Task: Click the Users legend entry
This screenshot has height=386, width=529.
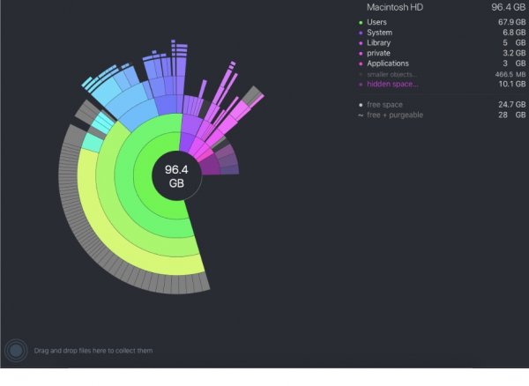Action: point(377,22)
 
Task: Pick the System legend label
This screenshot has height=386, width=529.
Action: point(379,33)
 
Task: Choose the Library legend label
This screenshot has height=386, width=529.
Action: point(379,42)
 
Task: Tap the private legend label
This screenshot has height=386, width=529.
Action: point(379,53)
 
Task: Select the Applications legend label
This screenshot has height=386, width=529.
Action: point(387,63)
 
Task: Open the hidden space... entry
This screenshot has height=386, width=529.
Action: point(392,84)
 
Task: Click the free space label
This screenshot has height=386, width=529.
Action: point(385,104)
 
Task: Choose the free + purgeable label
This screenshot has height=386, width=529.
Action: point(394,115)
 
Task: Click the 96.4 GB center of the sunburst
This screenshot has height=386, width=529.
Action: point(175,177)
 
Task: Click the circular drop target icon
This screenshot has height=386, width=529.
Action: point(16,351)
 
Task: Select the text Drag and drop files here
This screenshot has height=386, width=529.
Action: point(93,351)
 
